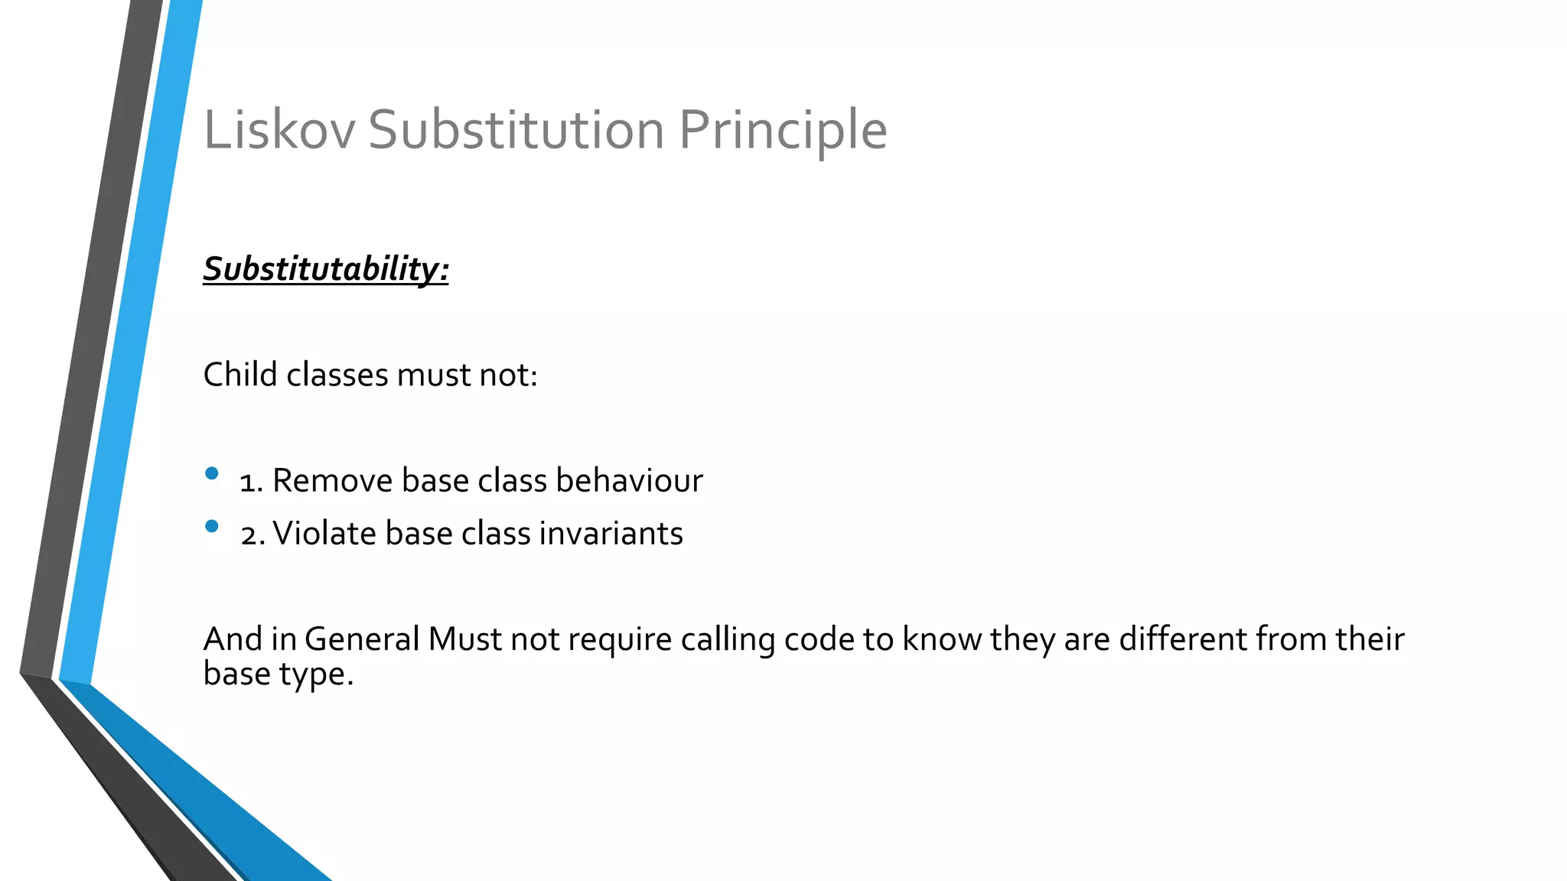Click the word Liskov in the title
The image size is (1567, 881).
[279, 129]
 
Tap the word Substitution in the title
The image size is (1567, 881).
[516, 129]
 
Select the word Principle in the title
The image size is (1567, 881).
[783, 131]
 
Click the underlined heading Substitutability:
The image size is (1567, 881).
[326, 269]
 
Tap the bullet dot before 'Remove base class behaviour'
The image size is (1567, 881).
[212, 473]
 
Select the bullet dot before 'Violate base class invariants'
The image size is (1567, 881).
[212, 526]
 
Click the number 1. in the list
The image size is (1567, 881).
[252, 482]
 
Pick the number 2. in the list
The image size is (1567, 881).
[252, 535]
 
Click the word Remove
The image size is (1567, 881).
[332, 481]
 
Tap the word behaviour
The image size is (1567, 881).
[629, 481]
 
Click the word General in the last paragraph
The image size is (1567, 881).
[362, 639]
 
